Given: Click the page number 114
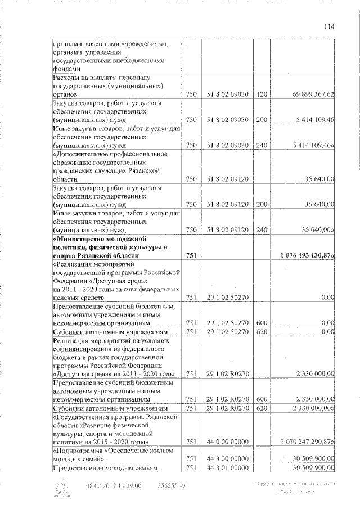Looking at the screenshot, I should pyautogui.click(x=329, y=25).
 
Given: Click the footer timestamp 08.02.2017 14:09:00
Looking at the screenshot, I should pyautogui.click(x=114, y=485).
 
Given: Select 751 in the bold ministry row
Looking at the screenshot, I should pyautogui.click(x=191, y=256).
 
